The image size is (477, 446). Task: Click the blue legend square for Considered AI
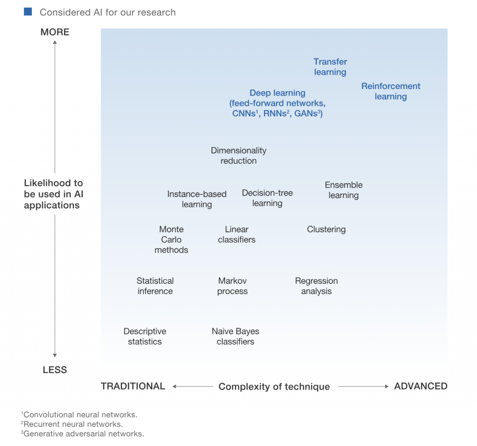click(x=28, y=12)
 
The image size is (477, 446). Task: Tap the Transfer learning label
click(x=330, y=67)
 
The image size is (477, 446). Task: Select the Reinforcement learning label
click(x=390, y=91)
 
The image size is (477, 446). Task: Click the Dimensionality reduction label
click(x=238, y=156)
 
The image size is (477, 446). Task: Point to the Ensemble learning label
click(x=343, y=190)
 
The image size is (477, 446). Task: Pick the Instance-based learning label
click(x=197, y=199)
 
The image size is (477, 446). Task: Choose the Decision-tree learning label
click(x=267, y=198)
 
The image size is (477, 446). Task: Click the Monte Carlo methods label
click(x=171, y=240)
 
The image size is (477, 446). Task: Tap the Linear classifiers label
click(x=237, y=234)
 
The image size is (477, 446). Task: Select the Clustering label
click(x=326, y=229)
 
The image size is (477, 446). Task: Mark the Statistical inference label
click(x=155, y=286)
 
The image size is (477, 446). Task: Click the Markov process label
click(x=232, y=286)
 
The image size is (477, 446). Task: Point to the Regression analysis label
click(x=316, y=286)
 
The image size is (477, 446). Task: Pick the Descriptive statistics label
click(x=145, y=336)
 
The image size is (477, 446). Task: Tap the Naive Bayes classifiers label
click(x=235, y=336)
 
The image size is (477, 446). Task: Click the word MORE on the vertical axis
click(x=55, y=32)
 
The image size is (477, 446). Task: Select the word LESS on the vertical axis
click(x=55, y=370)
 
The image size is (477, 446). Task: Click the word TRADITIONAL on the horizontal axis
click(x=133, y=386)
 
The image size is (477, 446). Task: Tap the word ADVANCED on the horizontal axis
click(x=421, y=386)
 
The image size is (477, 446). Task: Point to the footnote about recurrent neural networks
click(x=72, y=424)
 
